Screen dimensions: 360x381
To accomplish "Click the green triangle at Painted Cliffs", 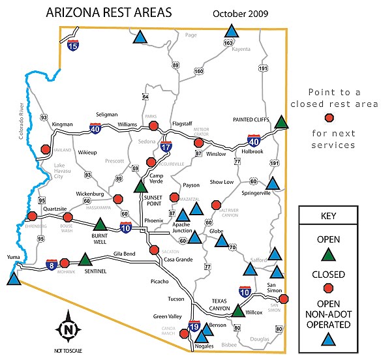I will pyautogui.click(x=281, y=122).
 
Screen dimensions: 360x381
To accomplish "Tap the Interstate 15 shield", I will pyautogui.click(x=74, y=46).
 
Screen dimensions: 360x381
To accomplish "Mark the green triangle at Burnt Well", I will pyautogui.click(x=99, y=225).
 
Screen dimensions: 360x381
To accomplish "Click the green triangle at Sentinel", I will pyautogui.click(x=85, y=260).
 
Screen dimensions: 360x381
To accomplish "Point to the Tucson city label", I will pyautogui.click(x=176, y=299).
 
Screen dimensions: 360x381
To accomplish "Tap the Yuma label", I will pyautogui.click(x=14, y=257).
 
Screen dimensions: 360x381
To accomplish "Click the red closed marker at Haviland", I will pyautogui.click(x=46, y=149).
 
